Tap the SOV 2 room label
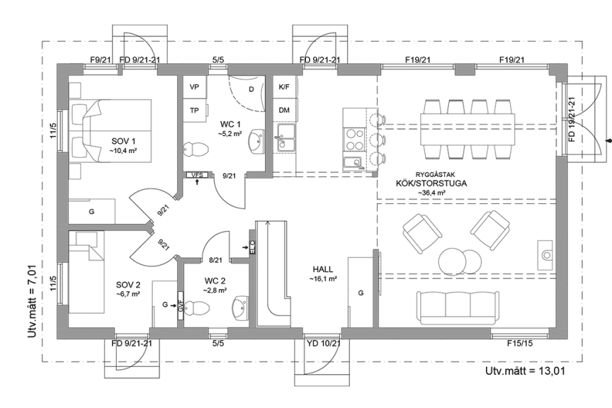click(128, 284)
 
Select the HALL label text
click(323, 269)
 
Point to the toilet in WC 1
click(195, 148)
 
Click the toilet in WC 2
click(198, 307)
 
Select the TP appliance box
click(193, 110)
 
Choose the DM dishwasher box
click(284, 110)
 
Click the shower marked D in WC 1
click(249, 90)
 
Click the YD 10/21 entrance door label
click(324, 344)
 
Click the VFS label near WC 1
click(197, 175)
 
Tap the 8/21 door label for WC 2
click(216, 261)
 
